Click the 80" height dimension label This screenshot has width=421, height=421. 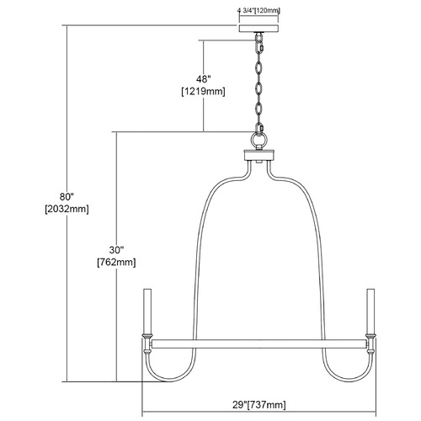pos(67,196)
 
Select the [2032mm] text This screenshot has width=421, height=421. pos(67,209)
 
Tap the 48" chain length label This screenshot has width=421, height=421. pos(203,79)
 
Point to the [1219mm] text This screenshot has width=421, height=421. pos(203,92)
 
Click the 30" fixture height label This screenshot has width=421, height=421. pos(116,249)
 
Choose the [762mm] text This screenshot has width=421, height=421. pos(116,262)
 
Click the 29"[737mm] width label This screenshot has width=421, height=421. pos(259,404)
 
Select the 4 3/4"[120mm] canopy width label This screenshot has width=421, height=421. pos(258,11)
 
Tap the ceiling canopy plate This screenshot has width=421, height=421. pos(258,29)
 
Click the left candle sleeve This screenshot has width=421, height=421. pos(147,311)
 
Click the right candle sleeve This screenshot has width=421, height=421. pos(370,311)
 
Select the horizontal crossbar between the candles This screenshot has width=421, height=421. pos(259,344)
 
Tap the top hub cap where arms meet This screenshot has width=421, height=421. pos(258,155)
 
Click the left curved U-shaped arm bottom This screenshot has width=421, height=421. pos(169,380)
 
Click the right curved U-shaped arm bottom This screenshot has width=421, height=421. pos(349,380)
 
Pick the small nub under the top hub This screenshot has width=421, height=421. pos(258,162)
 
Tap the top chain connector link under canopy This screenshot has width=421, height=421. pos(258,37)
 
